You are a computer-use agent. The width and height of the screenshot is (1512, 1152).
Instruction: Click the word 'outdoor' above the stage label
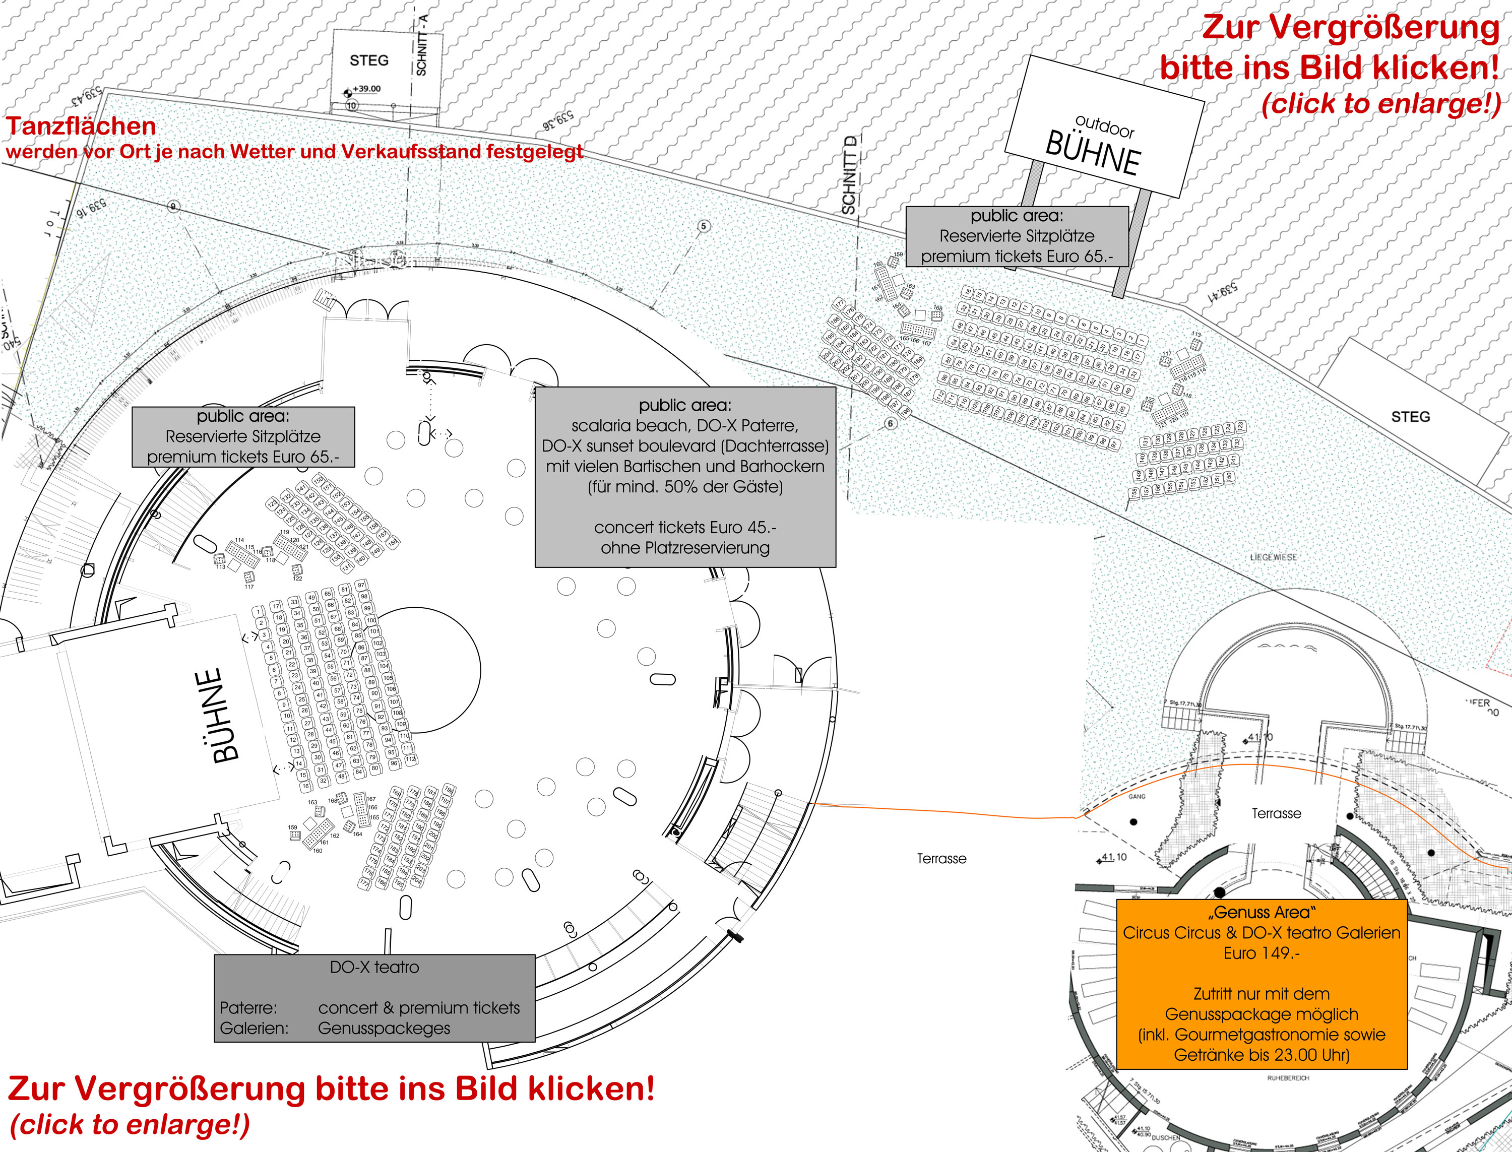pos(1105,127)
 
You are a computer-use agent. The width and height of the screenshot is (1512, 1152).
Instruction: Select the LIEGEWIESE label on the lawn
pos(1274,557)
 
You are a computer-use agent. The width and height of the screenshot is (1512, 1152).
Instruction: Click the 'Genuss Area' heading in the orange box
pos(1262,913)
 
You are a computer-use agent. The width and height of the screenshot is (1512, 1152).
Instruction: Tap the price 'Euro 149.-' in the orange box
pos(1262,953)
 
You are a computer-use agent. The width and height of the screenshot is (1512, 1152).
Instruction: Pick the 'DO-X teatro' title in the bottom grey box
pos(374,967)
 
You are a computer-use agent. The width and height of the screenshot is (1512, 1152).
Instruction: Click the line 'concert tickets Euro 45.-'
pos(685,527)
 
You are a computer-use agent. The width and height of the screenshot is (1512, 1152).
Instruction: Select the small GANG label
pos(1137,797)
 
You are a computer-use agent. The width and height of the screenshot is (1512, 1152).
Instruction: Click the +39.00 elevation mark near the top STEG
pos(366,89)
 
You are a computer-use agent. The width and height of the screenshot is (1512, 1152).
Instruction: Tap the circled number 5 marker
pos(704,226)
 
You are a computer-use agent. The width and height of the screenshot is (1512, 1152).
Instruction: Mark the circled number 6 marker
pos(890,424)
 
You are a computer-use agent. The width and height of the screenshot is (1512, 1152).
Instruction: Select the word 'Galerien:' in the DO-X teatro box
pos(254,1029)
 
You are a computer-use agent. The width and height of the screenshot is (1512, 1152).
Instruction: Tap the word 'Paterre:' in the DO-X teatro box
pos(248,1008)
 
